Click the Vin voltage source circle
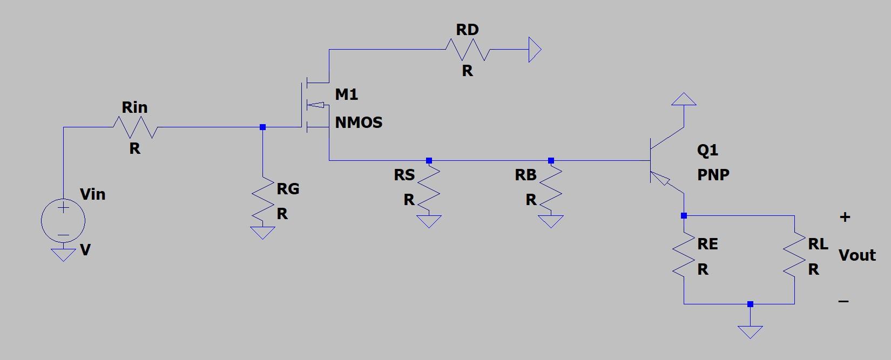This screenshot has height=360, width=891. [x=63, y=220]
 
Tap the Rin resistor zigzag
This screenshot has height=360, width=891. [x=135, y=128]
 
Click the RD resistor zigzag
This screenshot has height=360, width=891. [x=468, y=50]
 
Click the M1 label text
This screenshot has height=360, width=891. [x=346, y=94]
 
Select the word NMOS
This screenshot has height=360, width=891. [x=359, y=123]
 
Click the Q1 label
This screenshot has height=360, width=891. [x=707, y=150]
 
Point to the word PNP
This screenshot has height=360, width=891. [x=713, y=175]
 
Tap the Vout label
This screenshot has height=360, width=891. [x=857, y=255]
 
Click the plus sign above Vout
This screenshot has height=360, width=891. [x=845, y=217]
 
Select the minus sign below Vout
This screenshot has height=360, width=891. [x=843, y=301]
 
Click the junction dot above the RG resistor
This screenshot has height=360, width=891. [x=262, y=127]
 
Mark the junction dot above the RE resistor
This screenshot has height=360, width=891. [x=684, y=216]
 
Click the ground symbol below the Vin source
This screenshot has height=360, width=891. [x=63, y=254]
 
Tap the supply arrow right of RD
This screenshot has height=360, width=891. [x=535, y=50]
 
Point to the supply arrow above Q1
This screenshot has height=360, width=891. [x=684, y=99]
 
